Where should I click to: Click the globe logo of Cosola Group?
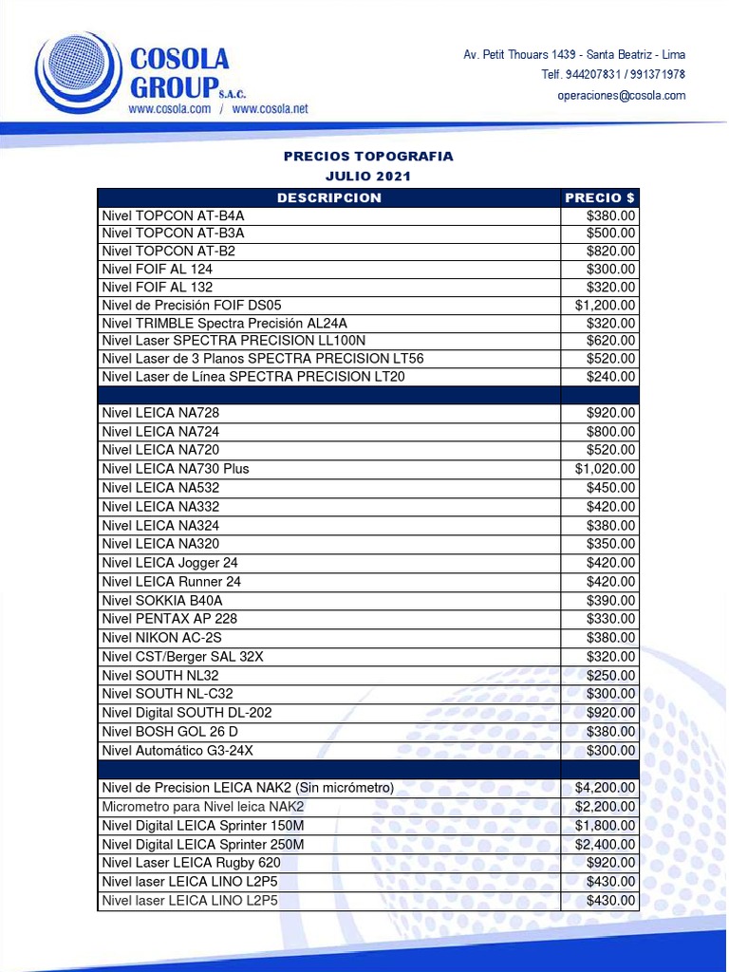(x=78, y=71)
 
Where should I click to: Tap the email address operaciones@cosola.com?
(x=621, y=95)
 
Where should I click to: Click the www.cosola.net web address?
(x=270, y=109)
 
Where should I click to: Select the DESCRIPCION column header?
(x=328, y=197)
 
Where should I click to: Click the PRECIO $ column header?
(x=600, y=197)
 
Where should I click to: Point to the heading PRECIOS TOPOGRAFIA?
(x=368, y=156)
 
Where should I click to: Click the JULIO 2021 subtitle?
(x=368, y=177)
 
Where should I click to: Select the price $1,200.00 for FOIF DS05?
(x=606, y=305)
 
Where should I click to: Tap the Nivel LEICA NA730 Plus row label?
(x=176, y=469)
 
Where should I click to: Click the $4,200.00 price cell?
(x=606, y=788)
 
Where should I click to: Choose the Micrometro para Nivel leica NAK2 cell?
(x=203, y=807)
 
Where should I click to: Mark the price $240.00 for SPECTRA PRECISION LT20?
(x=611, y=377)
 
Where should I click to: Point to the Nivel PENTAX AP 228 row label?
(x=170, y=619)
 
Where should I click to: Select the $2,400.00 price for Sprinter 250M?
(x=606, y=844)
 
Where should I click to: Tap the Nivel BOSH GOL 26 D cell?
(x=170, y=732)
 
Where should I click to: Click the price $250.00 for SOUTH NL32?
(x=611, y=676)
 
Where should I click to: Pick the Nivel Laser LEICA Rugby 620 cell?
(x=191, y=863)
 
